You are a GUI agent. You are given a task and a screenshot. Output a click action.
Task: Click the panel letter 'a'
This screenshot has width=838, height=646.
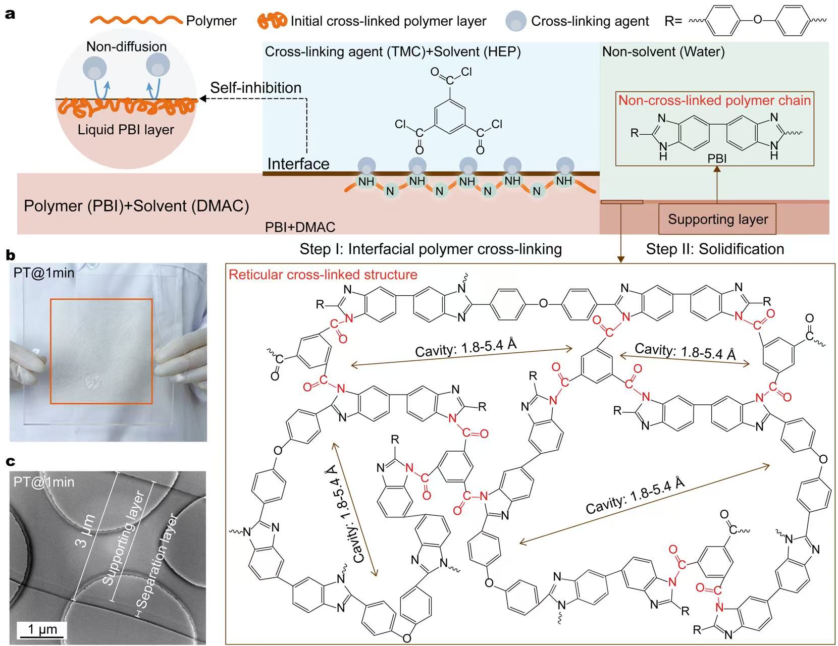[x=10, y=14]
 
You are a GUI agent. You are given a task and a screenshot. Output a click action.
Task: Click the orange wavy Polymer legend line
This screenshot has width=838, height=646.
[x=136, y=21]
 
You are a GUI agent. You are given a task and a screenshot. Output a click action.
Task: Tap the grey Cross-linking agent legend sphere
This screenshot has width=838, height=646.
[x=516, y=21]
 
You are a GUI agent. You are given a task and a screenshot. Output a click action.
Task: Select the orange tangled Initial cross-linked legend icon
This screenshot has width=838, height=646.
[x=272, y=21]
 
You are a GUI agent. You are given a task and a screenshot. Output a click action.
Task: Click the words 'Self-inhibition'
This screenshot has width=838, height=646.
[x=255, y=88]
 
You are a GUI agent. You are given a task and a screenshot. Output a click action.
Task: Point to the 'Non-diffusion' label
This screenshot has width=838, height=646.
[x=126, y=46]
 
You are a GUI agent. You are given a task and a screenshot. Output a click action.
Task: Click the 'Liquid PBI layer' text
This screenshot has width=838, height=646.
[x=126, y=130]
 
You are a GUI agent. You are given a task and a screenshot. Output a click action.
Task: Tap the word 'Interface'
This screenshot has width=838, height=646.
[x=298, y=164]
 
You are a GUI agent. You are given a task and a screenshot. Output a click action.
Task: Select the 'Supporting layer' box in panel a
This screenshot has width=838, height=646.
[x=717, y=219]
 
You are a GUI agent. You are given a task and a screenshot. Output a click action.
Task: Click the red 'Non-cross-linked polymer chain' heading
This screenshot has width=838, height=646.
[x=714, y=100]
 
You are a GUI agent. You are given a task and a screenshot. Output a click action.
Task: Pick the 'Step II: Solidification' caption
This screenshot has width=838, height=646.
[x=715, y=249]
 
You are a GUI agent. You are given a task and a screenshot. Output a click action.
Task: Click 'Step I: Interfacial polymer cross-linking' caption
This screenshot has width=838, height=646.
[x=431, y=249]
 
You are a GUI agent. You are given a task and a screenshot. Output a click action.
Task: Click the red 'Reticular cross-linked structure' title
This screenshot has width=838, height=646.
[x=323, y=275]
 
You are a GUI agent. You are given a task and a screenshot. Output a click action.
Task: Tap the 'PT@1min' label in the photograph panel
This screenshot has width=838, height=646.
[x=44, y=273]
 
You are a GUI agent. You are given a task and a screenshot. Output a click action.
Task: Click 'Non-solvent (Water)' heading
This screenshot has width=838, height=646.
[x=663, y=51]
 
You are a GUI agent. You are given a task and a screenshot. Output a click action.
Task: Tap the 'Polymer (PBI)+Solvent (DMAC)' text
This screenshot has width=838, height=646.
[x=136, y=206]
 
